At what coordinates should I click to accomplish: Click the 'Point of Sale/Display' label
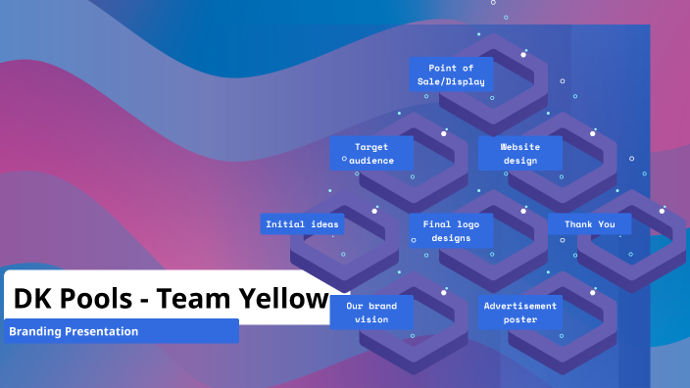tap(451, 74)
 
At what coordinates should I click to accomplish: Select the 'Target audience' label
tap(371, 154)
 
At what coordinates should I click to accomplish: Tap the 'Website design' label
tap(519, 154)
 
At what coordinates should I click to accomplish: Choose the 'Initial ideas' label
tap(302, 224)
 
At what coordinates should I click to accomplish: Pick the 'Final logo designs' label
tap(451, 231)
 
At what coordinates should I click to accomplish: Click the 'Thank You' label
tap(589, 224)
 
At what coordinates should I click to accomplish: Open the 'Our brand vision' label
tap(371, 313)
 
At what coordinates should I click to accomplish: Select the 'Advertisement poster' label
tap(519, 313)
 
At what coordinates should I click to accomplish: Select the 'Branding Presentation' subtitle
tap(74, 331)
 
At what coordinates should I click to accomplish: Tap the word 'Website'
tap(519, 147)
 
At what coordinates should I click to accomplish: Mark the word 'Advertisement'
tap(519, 306)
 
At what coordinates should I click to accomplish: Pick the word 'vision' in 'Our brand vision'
tap(371, 319)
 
